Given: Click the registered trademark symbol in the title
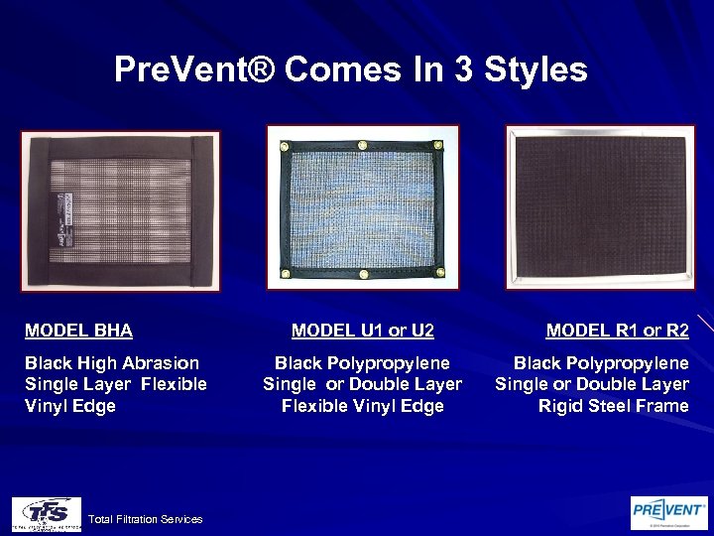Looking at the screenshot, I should (265, 70).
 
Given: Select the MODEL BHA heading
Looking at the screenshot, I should (78, 330).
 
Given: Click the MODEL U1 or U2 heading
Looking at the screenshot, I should (363, 330).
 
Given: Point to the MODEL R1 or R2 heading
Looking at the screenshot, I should (617, 330).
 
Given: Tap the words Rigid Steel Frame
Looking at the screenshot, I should (613, 406).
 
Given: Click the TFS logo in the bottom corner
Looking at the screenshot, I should (46, 514).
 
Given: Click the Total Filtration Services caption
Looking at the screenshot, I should (145, 519).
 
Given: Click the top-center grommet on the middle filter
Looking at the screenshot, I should (363, 146).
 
